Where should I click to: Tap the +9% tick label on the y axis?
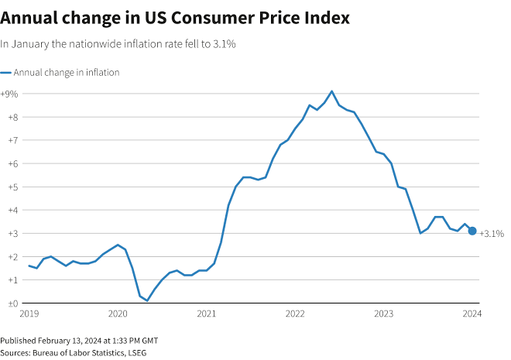[10, 94]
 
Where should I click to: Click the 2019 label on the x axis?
[29, 314]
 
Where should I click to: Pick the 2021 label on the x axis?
[206, 314]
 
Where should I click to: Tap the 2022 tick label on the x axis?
[295, 314]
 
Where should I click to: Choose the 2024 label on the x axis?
[472, 314]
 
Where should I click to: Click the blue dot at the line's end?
[472, 231]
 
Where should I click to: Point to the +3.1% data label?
[492, 233]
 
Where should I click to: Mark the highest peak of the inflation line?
[332, 91]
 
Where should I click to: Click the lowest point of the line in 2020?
[147, 300]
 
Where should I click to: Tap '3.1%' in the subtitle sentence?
[223, 44]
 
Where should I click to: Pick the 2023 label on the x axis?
[384, 314]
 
